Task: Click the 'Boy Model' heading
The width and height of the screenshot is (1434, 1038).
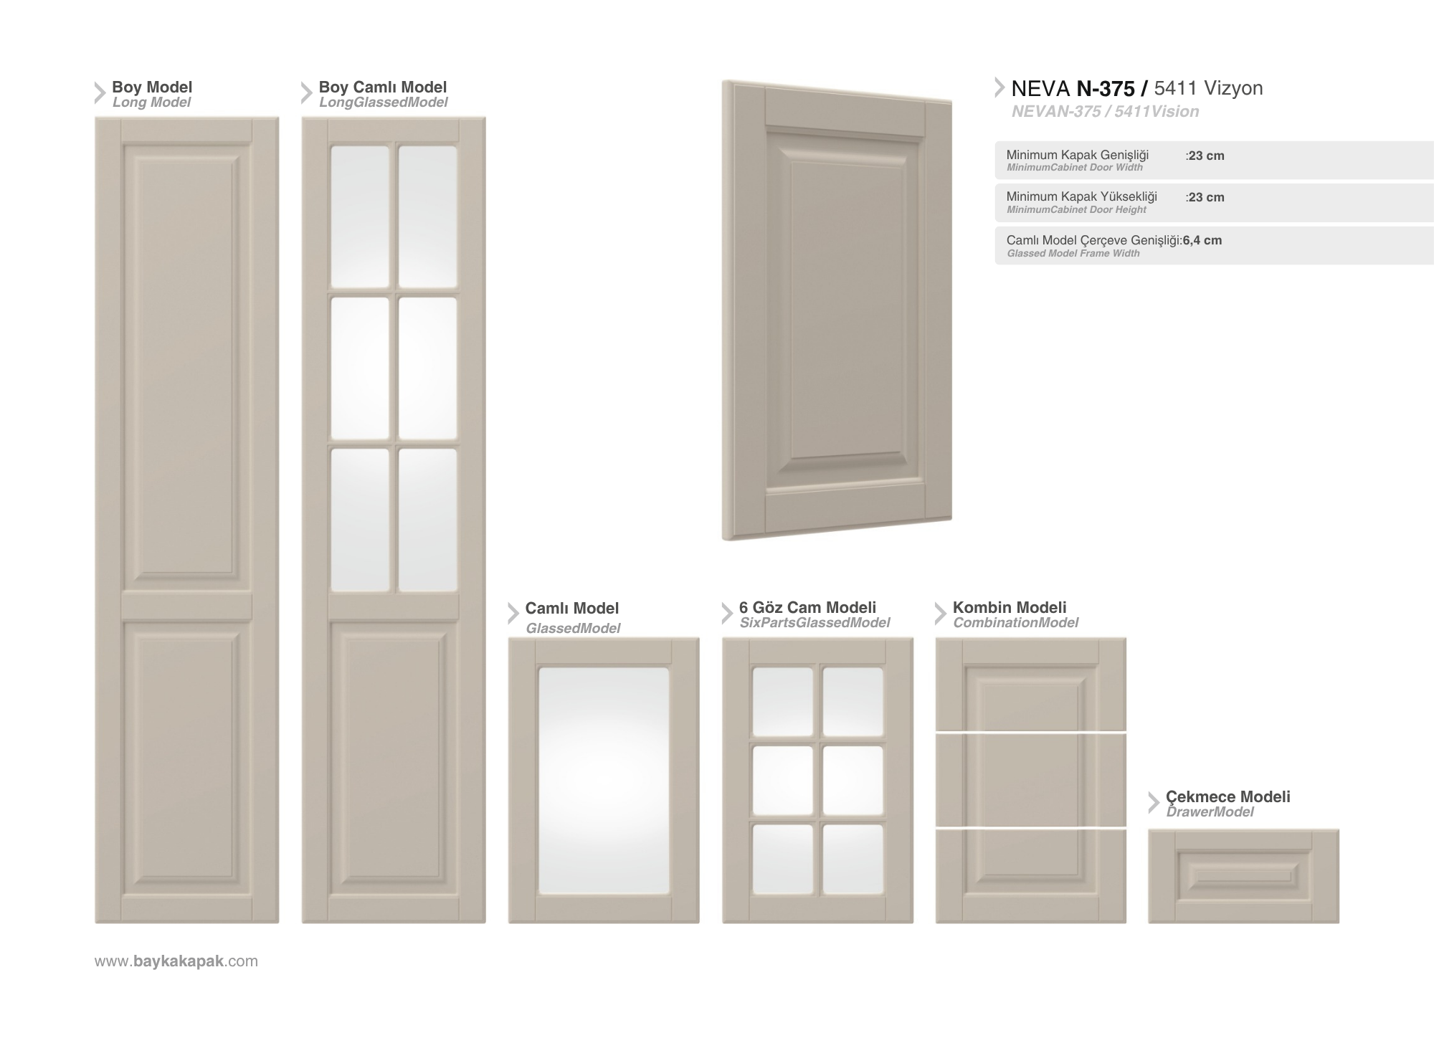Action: tap(152, 87)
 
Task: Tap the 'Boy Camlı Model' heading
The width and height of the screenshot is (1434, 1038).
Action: tap(383, 87)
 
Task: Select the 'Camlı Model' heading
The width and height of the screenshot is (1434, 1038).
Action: tap(571, 609)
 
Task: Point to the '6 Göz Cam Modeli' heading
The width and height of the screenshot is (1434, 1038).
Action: tap(807, 608)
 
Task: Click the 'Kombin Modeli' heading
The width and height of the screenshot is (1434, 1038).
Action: tap(1010, 608)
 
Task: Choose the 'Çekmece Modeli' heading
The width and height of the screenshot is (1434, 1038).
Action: tap(1228, 797)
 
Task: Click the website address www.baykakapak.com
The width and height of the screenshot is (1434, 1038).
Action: tap(176, 961)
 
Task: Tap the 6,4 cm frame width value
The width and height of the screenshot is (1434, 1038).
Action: tap(1202, 240)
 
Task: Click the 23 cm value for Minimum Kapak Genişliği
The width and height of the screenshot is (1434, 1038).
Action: tap(1206, 156)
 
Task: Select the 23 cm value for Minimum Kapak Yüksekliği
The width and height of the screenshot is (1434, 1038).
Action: tap(1206, 197)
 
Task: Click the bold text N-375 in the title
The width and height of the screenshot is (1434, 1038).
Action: tap(1106, 89)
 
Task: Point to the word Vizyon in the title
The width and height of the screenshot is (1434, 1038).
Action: tap(1233, 88)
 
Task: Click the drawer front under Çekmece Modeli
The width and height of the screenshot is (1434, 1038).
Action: tap(1243, 876)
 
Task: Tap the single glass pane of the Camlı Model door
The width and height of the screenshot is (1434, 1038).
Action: tap(604, 781)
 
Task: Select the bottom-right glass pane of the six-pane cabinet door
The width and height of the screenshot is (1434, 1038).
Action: tap(853, 859)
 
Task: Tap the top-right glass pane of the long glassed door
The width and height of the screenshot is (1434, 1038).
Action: tap(427, 216)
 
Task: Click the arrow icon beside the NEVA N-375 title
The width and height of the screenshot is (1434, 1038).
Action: tap(999, 87)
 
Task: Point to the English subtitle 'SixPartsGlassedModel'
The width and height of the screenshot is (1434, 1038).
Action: tap(815, 623)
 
